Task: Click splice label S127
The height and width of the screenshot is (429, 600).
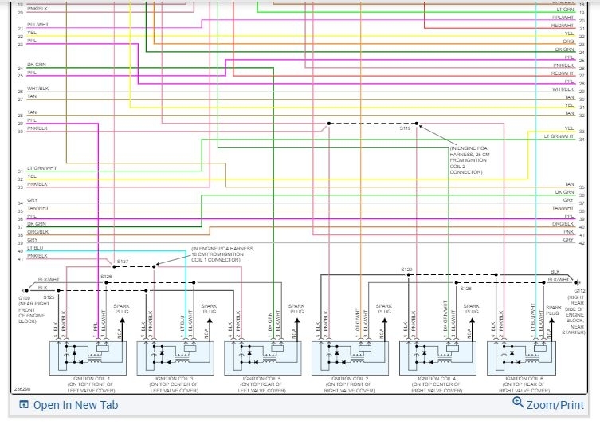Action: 122,262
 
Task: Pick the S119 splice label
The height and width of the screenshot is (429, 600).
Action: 406,128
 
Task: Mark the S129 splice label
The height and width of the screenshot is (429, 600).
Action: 406,270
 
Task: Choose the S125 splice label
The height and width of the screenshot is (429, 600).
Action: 49,297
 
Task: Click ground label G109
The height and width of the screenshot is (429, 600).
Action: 25,297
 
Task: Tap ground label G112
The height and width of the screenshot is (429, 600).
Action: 579,292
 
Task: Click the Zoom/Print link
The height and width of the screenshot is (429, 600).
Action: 555,405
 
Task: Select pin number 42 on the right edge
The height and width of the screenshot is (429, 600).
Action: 582,243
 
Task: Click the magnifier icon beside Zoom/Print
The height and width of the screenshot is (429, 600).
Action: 519,404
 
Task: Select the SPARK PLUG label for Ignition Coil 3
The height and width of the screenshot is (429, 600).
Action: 209,309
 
